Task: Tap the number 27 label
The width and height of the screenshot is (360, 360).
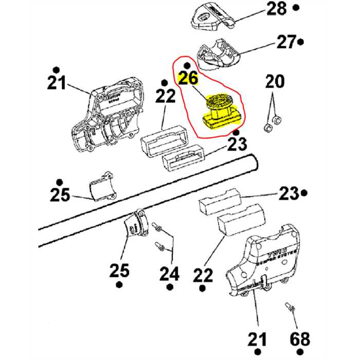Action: [x=284, y=42]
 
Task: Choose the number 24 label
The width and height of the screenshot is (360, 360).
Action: [x=169, y=274]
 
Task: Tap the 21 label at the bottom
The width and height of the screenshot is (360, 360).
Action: [x=258, y=339]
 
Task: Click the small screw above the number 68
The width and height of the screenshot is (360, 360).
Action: [x=290, y=308]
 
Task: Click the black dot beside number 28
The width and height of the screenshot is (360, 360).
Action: [x=296, y=8]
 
